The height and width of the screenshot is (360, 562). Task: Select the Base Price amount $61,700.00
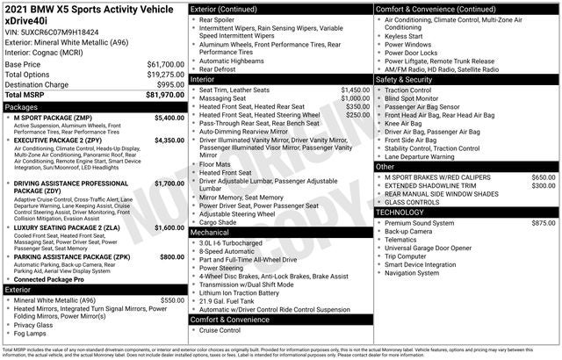(x=165, y=65)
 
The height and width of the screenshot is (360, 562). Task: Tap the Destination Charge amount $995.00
(x=171, y=84)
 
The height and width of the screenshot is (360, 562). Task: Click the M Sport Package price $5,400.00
(x=169, y=118)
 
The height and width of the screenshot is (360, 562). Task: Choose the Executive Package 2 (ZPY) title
(x=58, y=140)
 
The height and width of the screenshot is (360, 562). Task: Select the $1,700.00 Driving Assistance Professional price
(x=169, y=184)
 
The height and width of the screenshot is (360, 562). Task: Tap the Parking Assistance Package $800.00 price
(x=171, y=256)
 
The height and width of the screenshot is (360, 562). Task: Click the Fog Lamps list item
(x=31, y=333)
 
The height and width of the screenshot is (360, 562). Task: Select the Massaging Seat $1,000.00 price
(x=355, y=98)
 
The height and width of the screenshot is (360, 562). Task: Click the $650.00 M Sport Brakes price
(x=543, y=177)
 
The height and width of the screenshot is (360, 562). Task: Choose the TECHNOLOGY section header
(x=405, y=212)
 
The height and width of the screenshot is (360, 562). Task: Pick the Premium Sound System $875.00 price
(x=543, y=223)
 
